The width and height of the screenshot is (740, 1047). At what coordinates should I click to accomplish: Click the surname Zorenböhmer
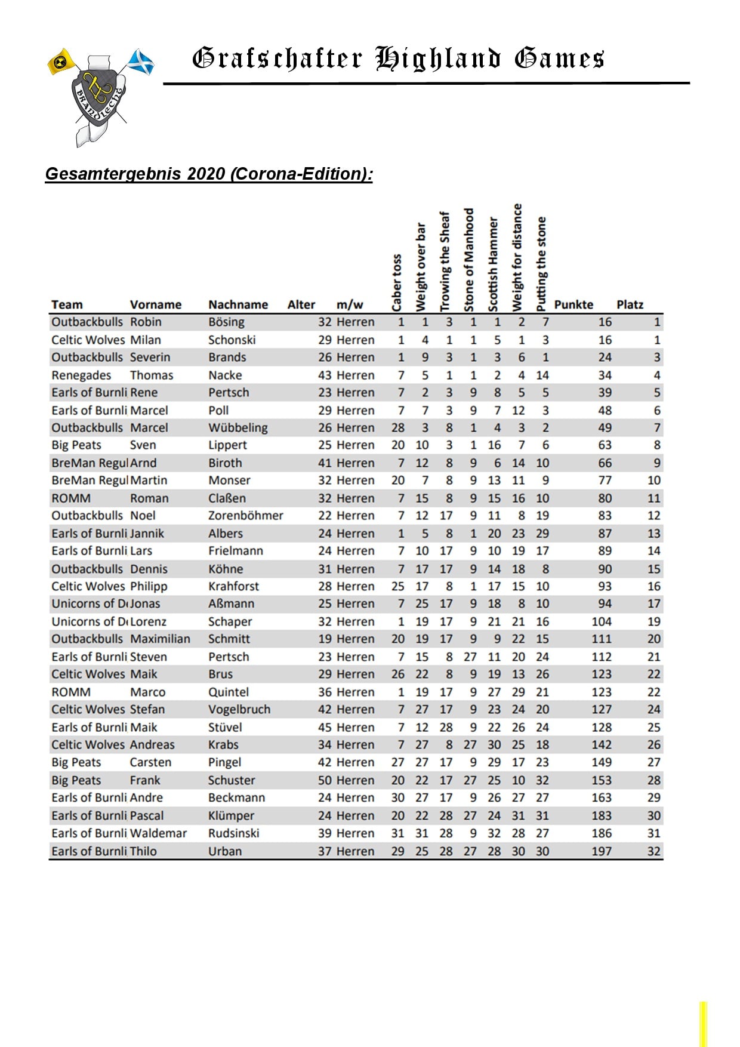click(245, 516)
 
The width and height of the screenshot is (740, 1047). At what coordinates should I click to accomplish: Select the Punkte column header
click(573, 304)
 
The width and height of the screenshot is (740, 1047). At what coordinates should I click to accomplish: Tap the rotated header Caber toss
click(397, 283)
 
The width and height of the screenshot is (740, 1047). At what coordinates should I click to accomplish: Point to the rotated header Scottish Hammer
click(493, 264)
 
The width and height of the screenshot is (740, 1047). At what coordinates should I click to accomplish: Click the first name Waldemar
click(158, 833)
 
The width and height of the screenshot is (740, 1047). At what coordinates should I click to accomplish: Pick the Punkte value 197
click(601, 851)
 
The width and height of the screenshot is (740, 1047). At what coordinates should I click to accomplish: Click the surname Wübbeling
click(238, 428)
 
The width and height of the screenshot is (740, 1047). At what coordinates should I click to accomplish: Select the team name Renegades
click(81, 375)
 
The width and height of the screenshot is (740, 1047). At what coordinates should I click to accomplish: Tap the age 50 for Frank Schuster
click(325, 780)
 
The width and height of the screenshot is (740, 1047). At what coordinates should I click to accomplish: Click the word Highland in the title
click(438, 59)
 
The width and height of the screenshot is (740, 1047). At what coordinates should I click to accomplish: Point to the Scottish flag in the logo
click(141, 62)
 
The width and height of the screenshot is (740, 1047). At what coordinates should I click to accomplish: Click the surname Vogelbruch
click(239, 710)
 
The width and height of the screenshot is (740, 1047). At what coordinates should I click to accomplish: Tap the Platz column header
click(630, 304)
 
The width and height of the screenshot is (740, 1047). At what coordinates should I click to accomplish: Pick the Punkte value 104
click(601, 621)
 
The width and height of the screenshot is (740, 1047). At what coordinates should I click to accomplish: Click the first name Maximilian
click(160, 639)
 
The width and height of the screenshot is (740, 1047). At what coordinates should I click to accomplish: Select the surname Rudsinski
click(233, 833)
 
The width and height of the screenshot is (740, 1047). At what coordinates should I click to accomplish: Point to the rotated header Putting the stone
click(541, 264)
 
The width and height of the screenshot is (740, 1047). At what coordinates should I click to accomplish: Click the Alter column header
click(301, 304)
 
